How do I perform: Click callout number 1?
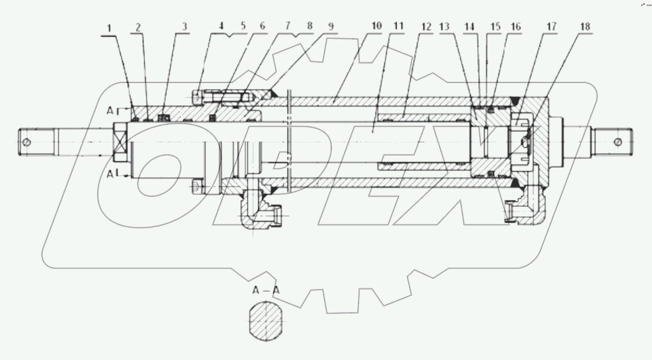pyautogui.click(x=108, y=28)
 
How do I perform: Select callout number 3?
pyautogui.click(x=184, y=27)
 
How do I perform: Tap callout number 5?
pyautogui.click(x=243, y=26)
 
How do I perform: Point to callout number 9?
pyautogui.click(x=331, y=26)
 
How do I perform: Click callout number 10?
pyautogui.click(x=376, y=26)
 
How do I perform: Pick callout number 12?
pyautogui.click(x=426, y=27)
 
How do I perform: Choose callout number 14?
pyautogui.click(x=469, y=27)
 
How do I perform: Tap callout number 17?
pyautogui.click(x=551, y=27)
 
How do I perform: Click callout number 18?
pyautogui.click(x=585, y=27)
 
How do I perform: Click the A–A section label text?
pyautogui.click(x=266, y=290)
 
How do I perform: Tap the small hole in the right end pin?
pyautogui.click(x=618, y=142)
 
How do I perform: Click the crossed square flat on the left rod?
pyautogui.click(x=121, y=142)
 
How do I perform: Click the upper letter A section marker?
pyautogui.click(x=110, y=110)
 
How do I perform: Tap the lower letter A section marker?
pyautogui.click(x=110, y=174)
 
